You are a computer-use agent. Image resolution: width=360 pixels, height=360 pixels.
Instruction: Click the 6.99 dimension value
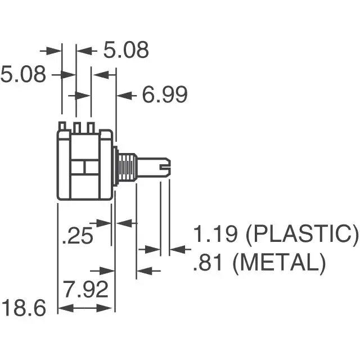coord(164,95)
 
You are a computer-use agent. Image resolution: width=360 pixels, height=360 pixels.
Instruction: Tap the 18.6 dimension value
coord(23,308)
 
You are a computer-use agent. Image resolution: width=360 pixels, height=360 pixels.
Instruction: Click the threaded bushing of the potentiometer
coord(127,166)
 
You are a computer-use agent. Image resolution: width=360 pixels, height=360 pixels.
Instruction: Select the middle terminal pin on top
coord(76,127)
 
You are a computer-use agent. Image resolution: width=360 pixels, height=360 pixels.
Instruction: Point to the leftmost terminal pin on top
coord(63,127)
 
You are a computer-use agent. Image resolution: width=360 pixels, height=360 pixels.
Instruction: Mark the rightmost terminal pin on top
coord(90,127)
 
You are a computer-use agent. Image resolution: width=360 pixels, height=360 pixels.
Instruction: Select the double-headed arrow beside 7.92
coord(85,308)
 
